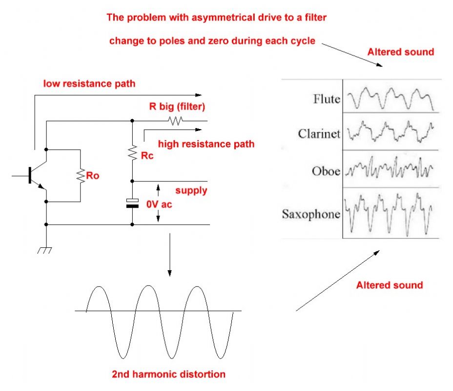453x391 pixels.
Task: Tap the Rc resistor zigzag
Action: [x=132, y=154]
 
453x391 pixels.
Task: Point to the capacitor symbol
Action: [x=132, y=203]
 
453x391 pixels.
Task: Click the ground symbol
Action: [x=46, y=251]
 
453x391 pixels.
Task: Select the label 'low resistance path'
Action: [x=89, y=84]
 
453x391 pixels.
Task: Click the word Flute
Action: [x=326, y=99]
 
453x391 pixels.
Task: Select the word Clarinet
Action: [x=319, y=134]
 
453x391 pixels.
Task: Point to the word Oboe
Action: [x=326, y=171]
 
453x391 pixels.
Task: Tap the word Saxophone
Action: [x=311, y=214]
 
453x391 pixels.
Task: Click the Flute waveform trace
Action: [x=390, y=98]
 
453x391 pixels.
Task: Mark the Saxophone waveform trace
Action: [x=390, y=210]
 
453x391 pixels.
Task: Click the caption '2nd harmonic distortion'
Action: [x=169, y=374]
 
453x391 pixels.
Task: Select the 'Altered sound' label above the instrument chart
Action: [x=401, y=52]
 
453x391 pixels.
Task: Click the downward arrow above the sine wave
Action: [x=169, y=254]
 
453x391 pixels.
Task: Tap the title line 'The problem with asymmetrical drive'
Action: [x=217, y=18]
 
